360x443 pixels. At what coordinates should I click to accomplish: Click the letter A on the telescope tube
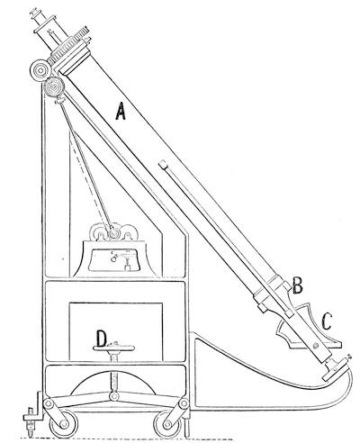tap(121, 111)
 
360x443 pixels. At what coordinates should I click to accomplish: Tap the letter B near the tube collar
tap(297, 285)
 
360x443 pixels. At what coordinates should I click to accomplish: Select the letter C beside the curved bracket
tap(327, 321)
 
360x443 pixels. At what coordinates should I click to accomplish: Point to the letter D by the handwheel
tap(102, 339)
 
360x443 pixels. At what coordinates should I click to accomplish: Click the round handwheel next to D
tap(113, 348)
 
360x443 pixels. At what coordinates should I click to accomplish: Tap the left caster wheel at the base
tap(64, 424)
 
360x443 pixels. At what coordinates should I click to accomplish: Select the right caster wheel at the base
tap(167, 424)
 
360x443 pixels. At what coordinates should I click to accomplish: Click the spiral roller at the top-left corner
tap(40, 71)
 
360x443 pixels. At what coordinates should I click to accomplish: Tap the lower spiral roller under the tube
tap(54, 87)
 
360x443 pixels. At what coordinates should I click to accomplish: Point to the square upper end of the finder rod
tap(163, 165)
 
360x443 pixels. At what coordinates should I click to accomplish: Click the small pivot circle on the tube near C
tap(315, 347)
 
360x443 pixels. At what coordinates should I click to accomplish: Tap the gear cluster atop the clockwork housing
tap(113, 231)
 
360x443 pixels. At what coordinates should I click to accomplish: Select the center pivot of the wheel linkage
tap(113, 396)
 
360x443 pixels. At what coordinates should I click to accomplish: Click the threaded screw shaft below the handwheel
tap(113, 372)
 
